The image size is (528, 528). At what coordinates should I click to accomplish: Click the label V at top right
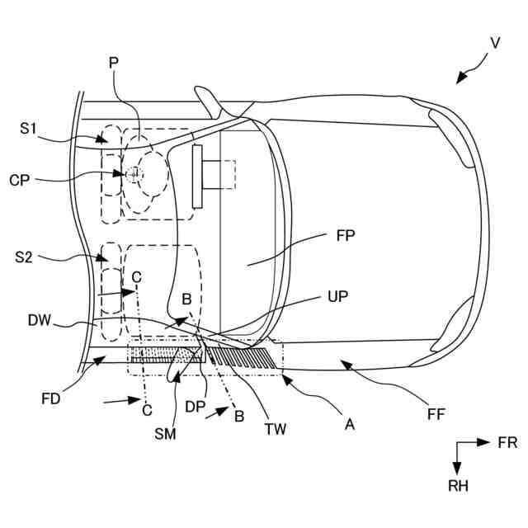pyautogui.click(x=495, y=42)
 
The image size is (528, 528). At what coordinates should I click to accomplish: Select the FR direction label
pyautogui.click(x=507, y=443)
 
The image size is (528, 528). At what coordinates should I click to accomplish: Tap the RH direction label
pyautogui.click(x=458, y=487)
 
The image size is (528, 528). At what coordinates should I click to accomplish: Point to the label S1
pyautogui.click(x=30, y=128)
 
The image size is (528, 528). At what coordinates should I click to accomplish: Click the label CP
pyautogui.click(x=21, y=179)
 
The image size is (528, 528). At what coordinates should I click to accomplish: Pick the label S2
pyautogui.click(x=24, y=258)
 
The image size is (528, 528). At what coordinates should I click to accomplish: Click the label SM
pyautogui.click(x=165, y=435)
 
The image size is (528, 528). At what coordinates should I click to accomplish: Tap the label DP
pyautogui.click(x=196, y=407)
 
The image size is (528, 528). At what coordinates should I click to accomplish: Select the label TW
pyautogui.click(x=276, y=430)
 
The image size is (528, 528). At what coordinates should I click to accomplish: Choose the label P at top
pyautogui.click(x=114, y=63)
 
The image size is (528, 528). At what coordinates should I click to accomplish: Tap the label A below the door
pyautogui.click(x=349, y=424)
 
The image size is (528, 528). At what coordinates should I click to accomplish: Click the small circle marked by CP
pyautogui.click(x=134, y=174)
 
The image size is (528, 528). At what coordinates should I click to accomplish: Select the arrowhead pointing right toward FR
pyautogui.click(x=487, y=443)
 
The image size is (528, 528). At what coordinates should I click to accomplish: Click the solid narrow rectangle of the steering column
pyautogui.click(x=197, y=176)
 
